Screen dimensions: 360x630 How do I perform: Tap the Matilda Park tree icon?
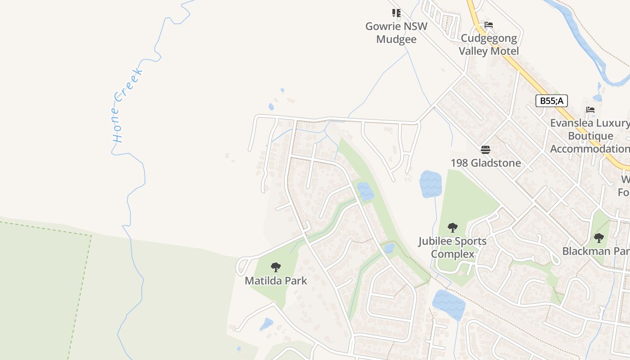[x=276, y=267]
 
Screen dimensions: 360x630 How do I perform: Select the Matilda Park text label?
[x=276, y=281]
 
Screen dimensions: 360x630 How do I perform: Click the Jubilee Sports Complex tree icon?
[x=453, y=228]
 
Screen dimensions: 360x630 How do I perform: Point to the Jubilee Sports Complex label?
[x=452, y=247]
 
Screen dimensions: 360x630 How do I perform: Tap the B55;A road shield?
[x=551, y=101]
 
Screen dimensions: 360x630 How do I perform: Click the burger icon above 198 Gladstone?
[x=486, y=149]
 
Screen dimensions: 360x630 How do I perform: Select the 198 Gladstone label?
[x=486, y=163]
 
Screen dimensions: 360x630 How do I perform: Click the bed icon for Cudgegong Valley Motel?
[x=489, y=25]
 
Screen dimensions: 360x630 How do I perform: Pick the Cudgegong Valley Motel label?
[x=489, y=45]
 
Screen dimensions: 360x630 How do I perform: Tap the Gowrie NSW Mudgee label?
[x=396, y=32]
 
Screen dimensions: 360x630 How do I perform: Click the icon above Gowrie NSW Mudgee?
[x=396, y=13]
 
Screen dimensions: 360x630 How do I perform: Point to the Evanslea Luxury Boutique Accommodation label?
[x=589, y=136]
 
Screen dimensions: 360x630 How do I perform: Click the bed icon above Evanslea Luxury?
[x=590, y=110]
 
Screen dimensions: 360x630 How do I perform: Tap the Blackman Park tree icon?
[x=598, y=238]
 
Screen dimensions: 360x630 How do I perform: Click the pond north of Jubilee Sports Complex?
[x=430, y=184]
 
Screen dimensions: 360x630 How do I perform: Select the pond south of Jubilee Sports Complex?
[x=449, y=304]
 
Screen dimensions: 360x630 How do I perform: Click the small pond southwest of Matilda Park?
[x=266, y=324]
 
